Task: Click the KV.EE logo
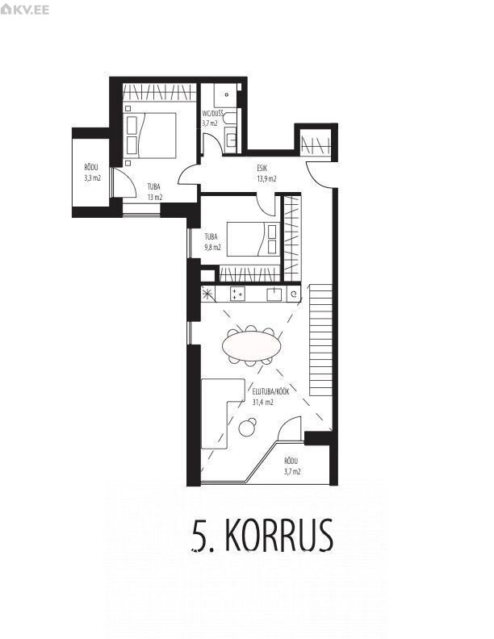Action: coord(24,9)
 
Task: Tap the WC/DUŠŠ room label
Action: coord(212,113)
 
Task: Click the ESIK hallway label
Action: coord(262,168)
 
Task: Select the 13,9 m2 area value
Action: coord(266,178)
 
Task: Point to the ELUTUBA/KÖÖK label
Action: coord(271,391)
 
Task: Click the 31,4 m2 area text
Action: coord(263,403)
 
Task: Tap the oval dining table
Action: coord(252,345)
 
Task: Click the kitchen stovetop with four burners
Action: coord(237,294)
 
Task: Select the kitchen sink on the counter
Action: coord(274,294)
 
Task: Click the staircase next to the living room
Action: coord(320,340)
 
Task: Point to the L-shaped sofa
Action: coord(222,413)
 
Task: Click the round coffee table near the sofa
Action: coord(247,428)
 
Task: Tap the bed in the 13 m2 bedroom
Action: coord(150,136)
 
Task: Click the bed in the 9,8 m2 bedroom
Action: coord(253,239)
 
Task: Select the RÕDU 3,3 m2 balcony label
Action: coord(92,173)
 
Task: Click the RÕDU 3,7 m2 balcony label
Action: coord(292,466)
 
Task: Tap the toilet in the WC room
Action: coord(230,119)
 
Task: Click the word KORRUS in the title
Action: coord(278,535)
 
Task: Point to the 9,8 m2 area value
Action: coord(212,248)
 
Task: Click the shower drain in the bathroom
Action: coord(226,94)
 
